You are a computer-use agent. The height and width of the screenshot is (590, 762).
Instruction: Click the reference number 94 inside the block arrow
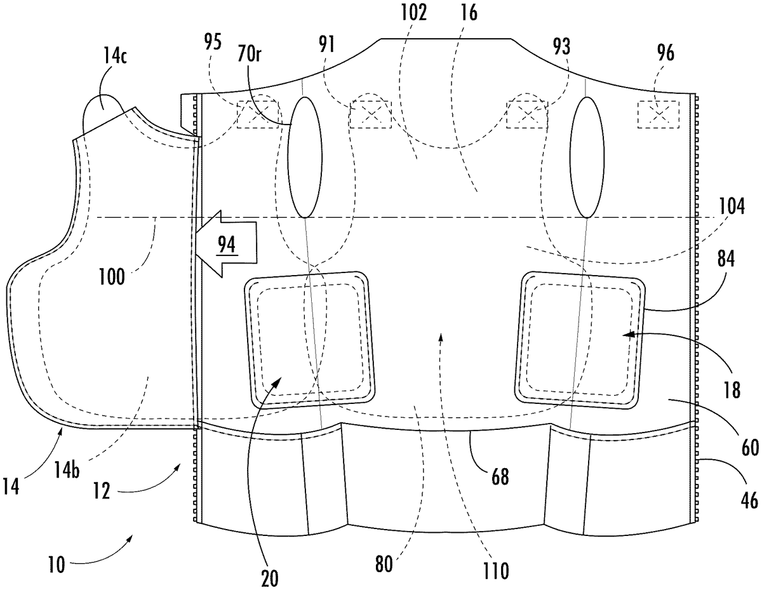tap(227, 244)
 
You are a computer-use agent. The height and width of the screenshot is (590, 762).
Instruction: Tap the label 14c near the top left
tap(115, 55)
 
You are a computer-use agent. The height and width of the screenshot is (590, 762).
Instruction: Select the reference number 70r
tap(250, 53)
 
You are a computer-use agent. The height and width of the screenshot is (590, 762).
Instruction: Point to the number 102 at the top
tap(414, 13)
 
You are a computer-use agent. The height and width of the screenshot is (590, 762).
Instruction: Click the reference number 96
tap(665, 53)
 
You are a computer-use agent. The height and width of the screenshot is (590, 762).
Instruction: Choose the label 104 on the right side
tap(732, 206)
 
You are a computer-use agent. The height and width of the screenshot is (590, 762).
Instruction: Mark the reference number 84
tap(726, 259)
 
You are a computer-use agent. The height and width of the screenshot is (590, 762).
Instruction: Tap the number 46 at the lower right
tap(749, 500)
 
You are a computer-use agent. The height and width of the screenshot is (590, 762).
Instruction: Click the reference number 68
tap(500, 476)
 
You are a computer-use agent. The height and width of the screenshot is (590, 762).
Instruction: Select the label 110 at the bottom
tap(495, 571)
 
